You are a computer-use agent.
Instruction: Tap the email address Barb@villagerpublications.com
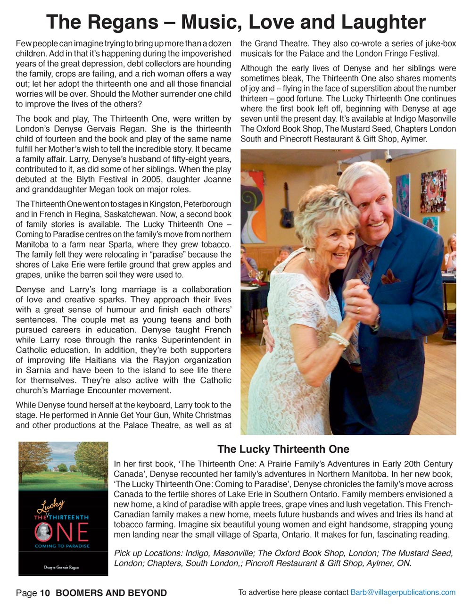tap(403, 592)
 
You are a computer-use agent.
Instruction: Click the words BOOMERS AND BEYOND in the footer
tap(111, 593)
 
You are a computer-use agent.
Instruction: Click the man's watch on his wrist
tap(376, 319)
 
